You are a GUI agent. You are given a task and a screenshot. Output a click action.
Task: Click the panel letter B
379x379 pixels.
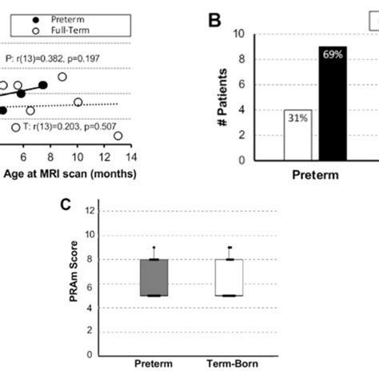[214, 22]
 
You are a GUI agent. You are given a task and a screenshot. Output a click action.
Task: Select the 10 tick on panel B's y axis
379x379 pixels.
[238, 34]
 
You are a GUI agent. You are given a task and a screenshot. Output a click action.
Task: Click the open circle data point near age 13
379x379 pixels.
[118, 137]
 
